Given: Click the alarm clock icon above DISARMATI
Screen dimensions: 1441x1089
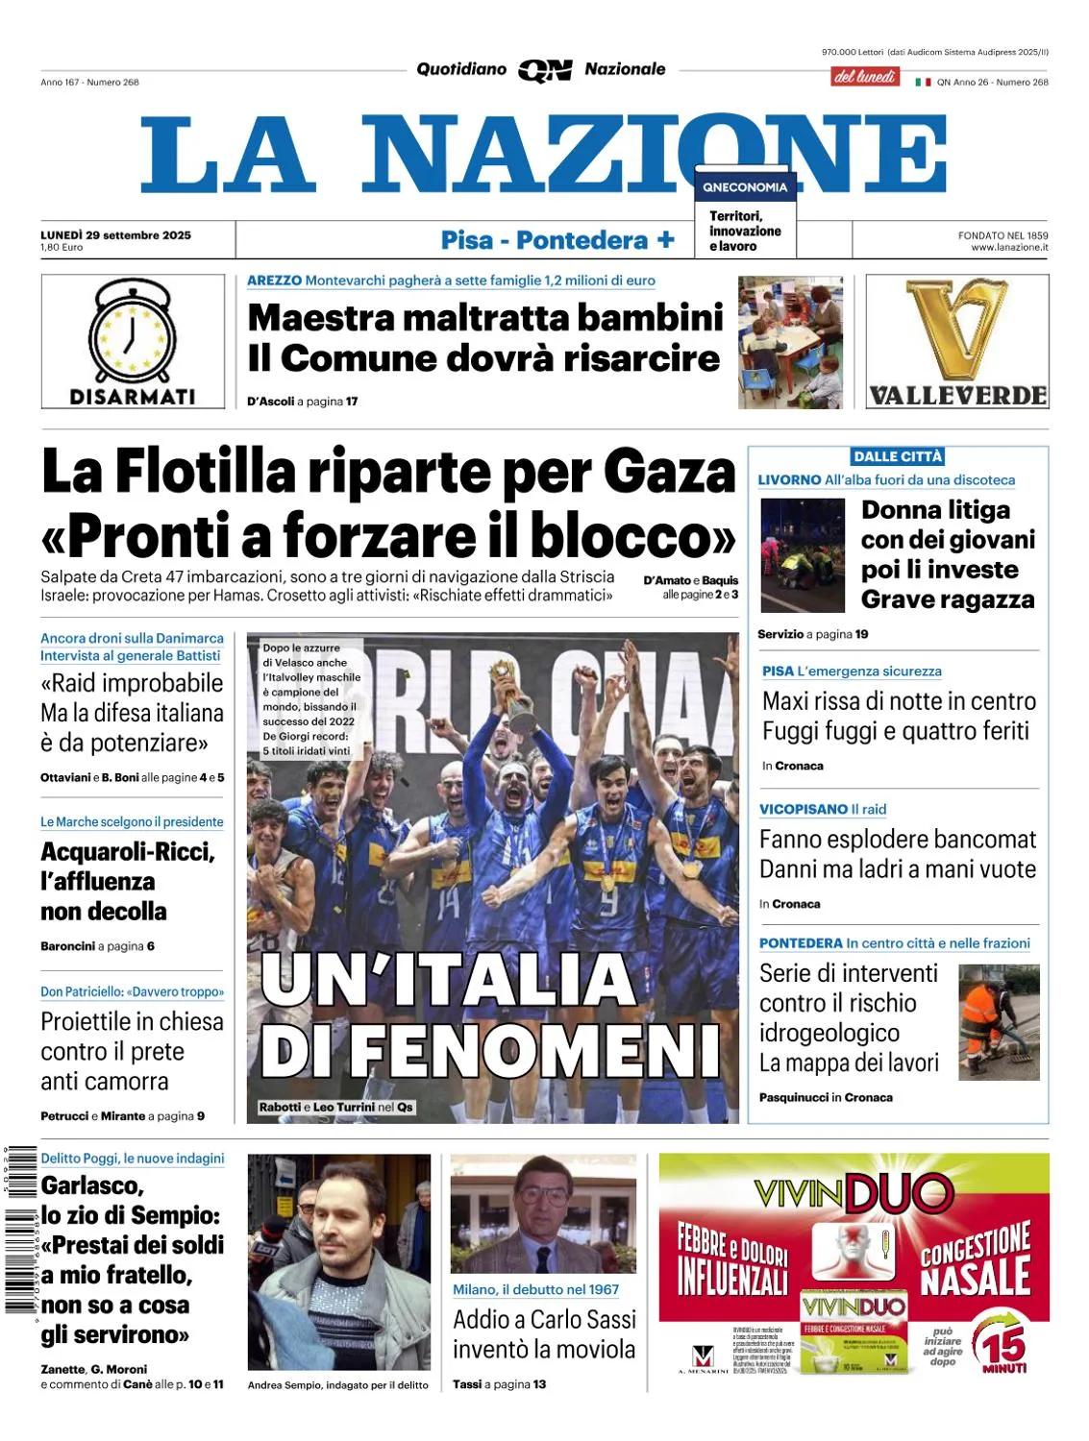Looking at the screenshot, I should point(133,331).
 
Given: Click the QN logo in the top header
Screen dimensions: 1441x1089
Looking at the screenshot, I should point(545,70).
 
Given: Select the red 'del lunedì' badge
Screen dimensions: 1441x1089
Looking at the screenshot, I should point(864,77).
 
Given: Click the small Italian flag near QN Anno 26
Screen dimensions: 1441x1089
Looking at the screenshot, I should point(923,83).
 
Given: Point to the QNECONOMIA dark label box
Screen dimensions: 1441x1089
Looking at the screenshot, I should point(745,187).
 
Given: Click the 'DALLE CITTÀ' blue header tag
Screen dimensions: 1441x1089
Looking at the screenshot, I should point(898,456).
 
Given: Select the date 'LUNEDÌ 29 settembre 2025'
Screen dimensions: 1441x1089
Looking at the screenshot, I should point(115,235).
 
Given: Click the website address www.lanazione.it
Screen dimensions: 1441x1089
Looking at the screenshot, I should point(1009,248).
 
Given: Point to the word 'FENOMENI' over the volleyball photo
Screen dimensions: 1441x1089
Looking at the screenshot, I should point(533,1050).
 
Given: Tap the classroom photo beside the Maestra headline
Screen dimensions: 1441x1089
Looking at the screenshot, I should point(790,342).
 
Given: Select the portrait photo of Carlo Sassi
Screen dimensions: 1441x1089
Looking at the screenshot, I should point(543,1215).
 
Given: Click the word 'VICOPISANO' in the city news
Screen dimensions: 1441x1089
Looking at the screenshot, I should point(804,810).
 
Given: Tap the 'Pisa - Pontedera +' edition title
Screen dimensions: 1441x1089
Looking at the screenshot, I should point(557,240).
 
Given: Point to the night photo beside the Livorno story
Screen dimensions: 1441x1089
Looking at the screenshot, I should point(802,555).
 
